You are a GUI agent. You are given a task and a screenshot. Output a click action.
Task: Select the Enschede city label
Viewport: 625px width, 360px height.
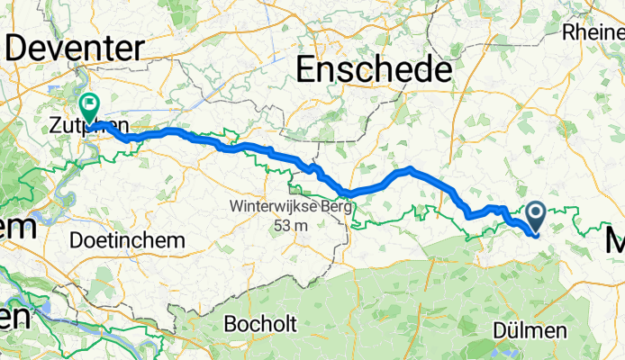[x=374, y=68]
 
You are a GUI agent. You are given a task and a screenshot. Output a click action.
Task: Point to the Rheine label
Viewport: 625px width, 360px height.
[x=593, y=31]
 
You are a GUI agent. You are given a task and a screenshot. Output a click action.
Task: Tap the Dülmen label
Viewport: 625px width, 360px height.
[x=530, y=330]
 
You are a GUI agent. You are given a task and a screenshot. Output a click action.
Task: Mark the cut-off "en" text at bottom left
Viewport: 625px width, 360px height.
[x=14, y=317]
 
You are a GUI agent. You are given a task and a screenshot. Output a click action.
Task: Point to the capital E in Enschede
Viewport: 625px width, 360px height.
[x=309, y=68]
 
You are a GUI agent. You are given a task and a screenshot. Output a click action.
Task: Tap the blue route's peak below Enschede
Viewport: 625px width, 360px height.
[x=410, y=168]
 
